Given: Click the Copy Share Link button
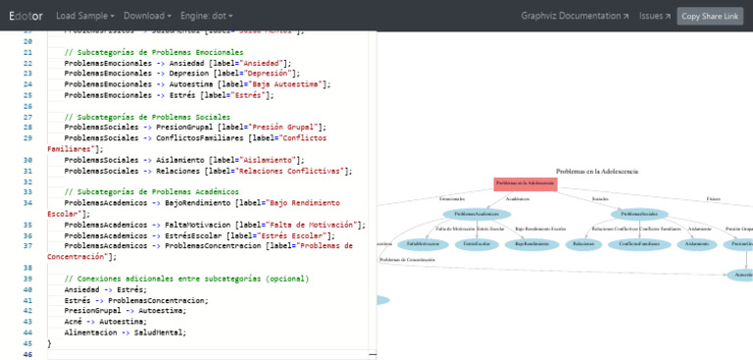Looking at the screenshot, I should click(710, 16).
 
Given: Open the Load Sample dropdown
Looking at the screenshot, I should click(84, 16).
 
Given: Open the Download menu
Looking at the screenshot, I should click(147, 16).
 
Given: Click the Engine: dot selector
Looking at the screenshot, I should click(209, 16).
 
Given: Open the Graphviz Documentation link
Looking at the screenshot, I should click(575, 16).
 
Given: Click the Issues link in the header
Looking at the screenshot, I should click(655, 16).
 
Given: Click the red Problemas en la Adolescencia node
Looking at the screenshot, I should click(526, 183).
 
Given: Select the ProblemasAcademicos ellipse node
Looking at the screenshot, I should click(477, 214).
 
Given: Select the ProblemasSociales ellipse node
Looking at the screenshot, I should click(639, 214).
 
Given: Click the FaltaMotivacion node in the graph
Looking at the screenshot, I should click(423, 243).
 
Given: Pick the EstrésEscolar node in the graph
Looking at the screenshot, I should click(477, 243).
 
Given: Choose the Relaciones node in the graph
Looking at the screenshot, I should click(583, 243).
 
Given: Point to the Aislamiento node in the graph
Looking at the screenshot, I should click(697, 243).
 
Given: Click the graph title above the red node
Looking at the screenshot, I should click(596, 171).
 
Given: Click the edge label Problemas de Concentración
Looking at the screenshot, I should click(407, 260).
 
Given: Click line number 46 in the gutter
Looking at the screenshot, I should click(25, 354).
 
